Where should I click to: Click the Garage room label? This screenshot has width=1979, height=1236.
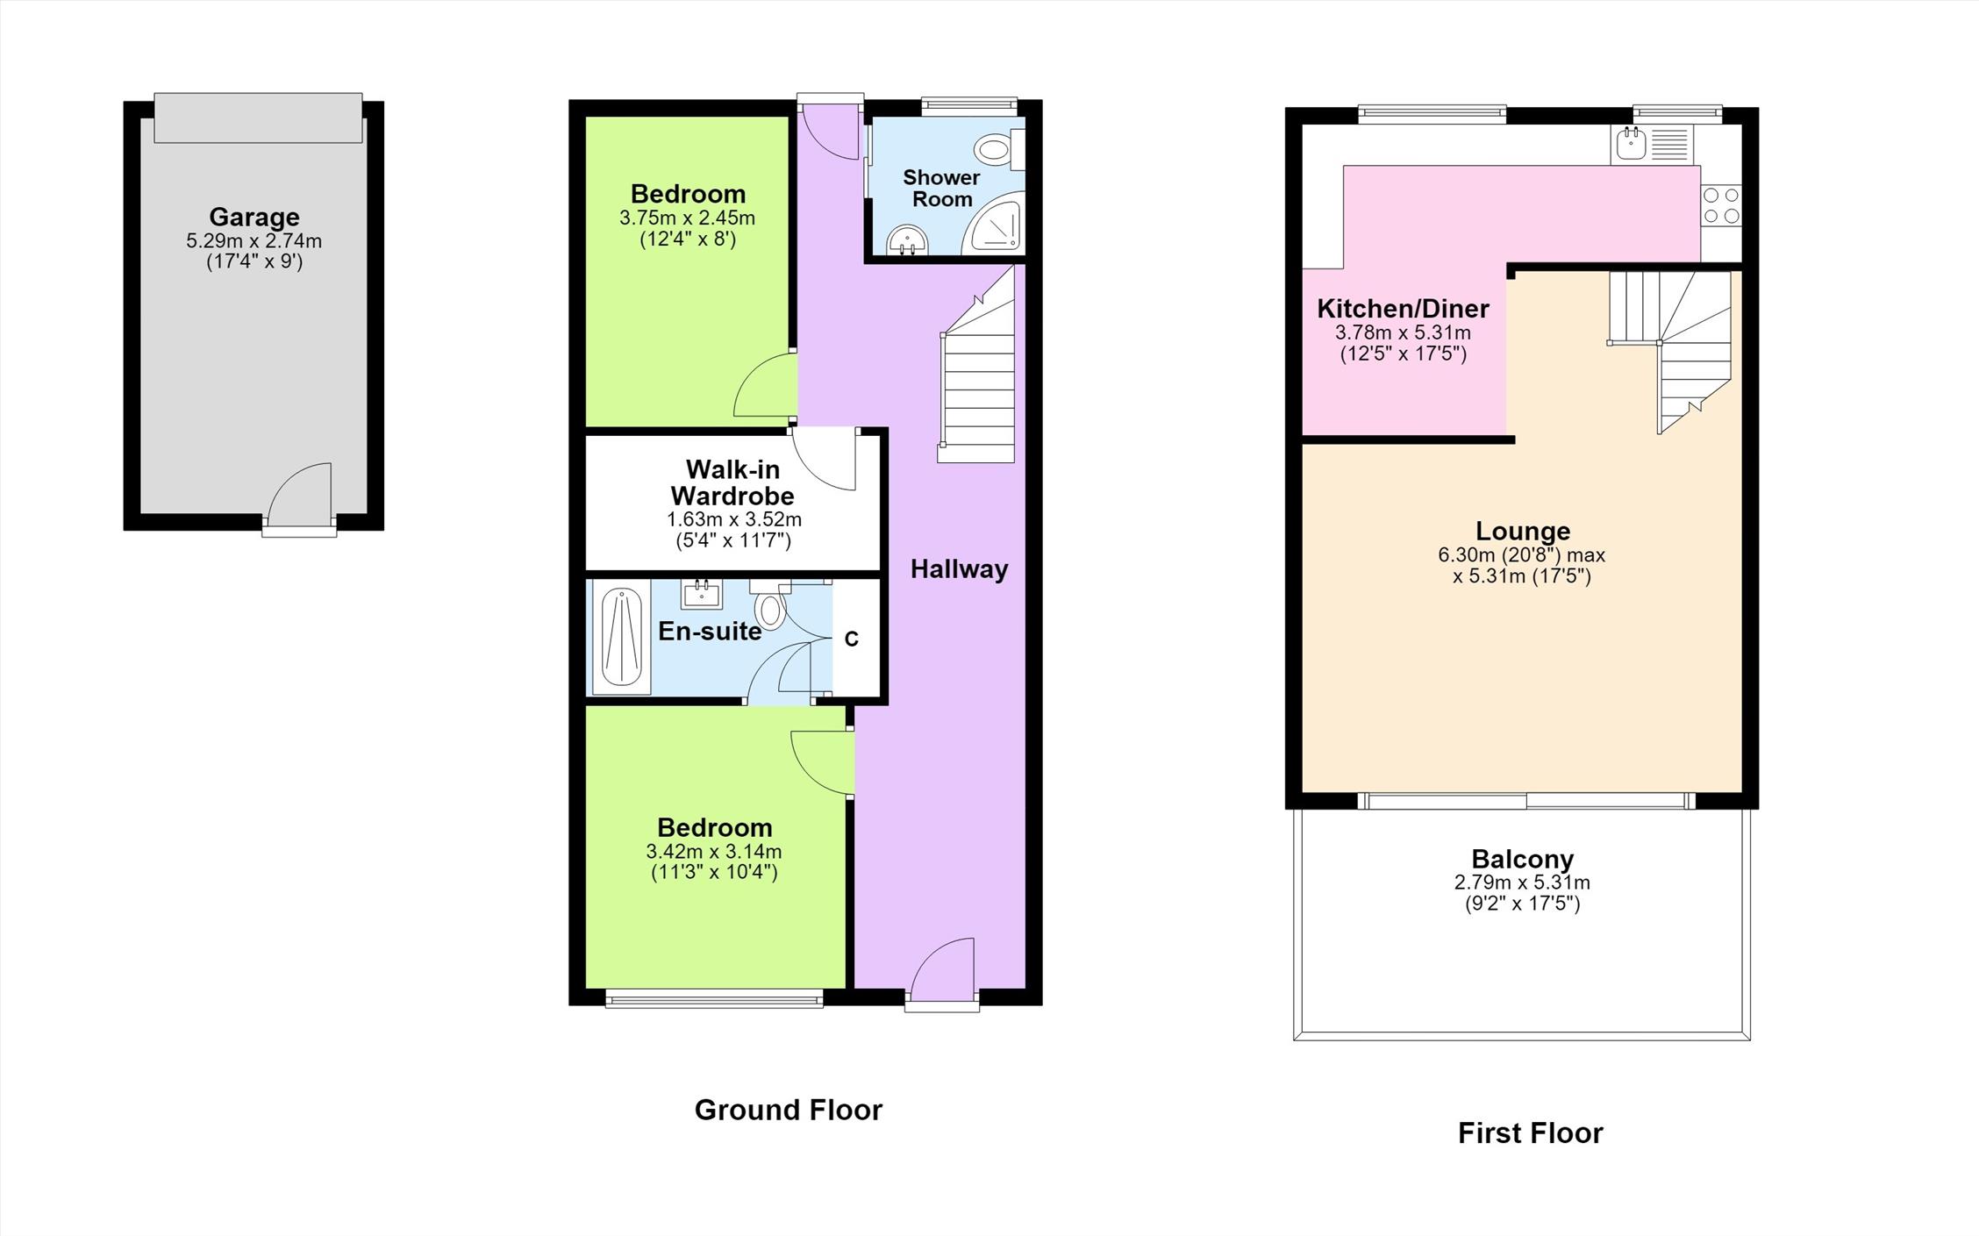pos(254,217)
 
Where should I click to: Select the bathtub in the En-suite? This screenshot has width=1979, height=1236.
pos(622,637)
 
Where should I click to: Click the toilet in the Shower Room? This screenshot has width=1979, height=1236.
pos(1000,149)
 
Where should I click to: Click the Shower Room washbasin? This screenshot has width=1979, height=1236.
pos(906,239)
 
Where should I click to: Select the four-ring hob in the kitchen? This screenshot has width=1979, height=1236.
pos(1721,206)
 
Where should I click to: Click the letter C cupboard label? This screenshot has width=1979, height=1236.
pos(851,639)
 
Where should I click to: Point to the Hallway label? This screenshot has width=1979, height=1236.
pos(959,569)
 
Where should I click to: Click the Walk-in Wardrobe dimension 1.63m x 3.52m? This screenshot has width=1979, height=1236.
pos(733,519)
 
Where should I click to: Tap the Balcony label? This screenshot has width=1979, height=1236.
pos(1523,859)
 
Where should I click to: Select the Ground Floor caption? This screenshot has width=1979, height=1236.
pos(788,1110)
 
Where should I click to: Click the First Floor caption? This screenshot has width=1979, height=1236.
pos(1530,1132)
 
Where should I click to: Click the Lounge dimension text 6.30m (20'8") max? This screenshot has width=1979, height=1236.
pos(1521,555)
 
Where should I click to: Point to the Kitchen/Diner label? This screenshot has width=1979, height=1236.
pos(1403,309)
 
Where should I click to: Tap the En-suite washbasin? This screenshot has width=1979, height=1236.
pos(702,594)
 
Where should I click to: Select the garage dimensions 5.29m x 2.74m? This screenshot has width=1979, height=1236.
pos(254,241)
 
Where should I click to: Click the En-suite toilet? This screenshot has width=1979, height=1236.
pos(770,605)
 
